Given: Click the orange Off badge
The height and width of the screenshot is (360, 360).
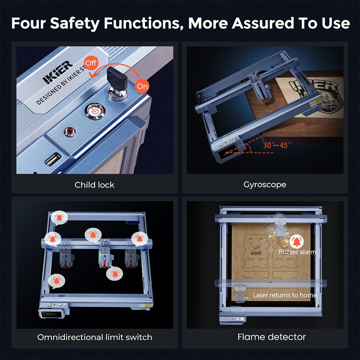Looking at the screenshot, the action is click(91, 63).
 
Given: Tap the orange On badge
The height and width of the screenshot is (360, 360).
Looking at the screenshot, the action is click(142, 86).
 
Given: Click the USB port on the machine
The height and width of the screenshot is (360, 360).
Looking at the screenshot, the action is click(53, 159).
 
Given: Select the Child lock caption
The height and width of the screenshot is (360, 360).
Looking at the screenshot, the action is click(94, 185).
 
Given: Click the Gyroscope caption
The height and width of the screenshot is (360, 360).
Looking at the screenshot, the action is click(265, 185).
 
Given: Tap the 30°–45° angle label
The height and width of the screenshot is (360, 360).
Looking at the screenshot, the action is click(277, 145).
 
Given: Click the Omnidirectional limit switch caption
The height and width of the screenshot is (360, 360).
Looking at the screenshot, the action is click(95, 337).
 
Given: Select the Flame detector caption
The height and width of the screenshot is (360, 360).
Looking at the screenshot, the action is click(271, 337).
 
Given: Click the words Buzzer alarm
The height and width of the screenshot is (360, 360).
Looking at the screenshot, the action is click(297, 252).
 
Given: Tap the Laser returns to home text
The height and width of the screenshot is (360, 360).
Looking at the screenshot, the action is click(285, 295).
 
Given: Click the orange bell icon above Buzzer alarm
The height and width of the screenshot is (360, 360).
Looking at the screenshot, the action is click(297, 241).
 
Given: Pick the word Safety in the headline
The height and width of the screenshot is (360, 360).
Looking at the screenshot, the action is click(75, 23).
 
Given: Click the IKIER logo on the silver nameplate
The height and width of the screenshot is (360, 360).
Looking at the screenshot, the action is click(58, 72).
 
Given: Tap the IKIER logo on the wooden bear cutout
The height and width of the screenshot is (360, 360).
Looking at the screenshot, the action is click(256, 253).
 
